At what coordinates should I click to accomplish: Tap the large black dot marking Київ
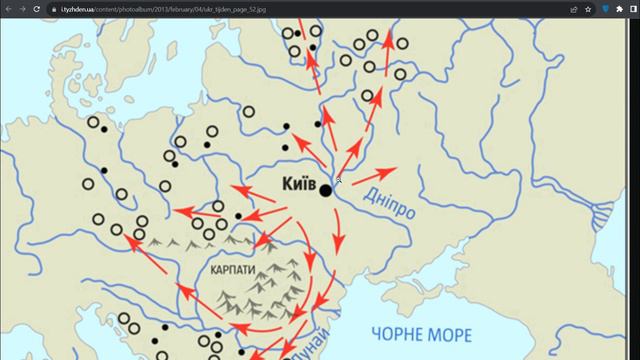coord(326,190)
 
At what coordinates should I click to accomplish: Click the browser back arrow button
coord(8,8)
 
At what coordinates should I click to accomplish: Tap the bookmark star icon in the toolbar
coord(588,8)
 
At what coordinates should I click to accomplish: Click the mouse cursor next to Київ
coord(339,180)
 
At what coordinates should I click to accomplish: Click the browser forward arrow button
coord(22,8)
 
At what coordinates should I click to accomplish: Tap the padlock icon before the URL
coord(64,8)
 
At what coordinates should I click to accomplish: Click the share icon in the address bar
coord(573,8)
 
